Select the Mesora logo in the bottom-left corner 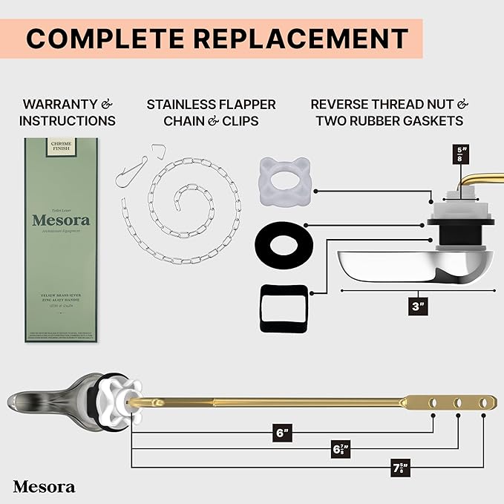coord(44,486)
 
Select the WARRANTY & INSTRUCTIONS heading coord(68,112)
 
